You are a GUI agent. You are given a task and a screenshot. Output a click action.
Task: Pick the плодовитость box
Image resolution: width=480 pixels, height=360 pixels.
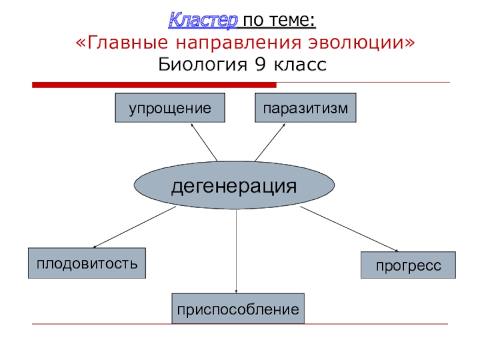[87, 263]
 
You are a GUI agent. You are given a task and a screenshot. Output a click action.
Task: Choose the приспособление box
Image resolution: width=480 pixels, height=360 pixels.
[238, 310]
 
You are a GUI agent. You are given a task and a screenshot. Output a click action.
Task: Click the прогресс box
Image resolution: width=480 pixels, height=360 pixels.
[408, 265]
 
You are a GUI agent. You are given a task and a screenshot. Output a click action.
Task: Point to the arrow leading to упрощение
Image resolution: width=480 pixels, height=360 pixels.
[204, 142]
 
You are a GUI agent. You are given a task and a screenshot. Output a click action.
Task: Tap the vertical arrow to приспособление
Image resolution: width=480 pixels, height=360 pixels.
[236, 252]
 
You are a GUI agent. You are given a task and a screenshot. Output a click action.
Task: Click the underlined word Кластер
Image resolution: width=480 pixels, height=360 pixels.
[202, 21]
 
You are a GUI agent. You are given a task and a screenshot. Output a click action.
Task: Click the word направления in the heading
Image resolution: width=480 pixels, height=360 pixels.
[239, 43]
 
